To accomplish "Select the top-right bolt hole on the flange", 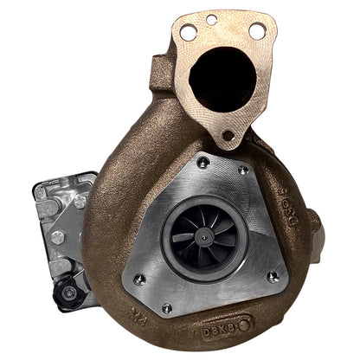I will click(x=257, y=31).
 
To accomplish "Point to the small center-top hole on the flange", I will click(x=212, y=19).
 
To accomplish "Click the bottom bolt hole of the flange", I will click(x=228, y=134).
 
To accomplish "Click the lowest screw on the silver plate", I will click(x=167, y=307).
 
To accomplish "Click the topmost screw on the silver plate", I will click(x=201, y=161).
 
